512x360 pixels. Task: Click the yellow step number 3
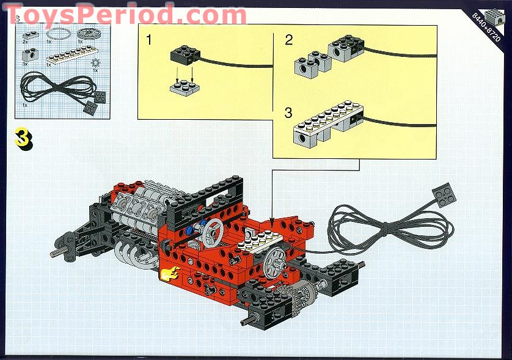pos(23,138)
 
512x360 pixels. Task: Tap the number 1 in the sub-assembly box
pos(149,41)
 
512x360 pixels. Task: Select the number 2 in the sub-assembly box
pos(288,40)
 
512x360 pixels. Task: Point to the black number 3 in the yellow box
pos(288,112)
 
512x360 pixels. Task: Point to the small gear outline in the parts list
pos(94,63)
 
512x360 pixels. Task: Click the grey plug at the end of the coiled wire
pos(445,194)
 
